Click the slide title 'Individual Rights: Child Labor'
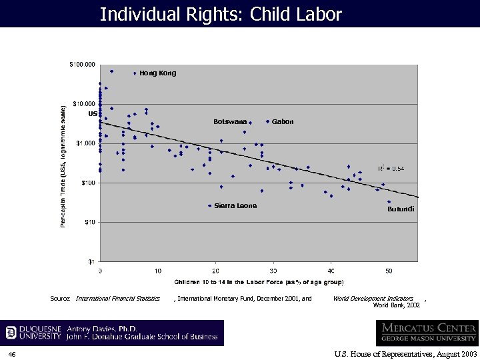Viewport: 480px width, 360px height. tap(221, 14)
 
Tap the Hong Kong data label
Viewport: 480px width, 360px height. tap(158, 73)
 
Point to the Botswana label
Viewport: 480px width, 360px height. tap(230, 122)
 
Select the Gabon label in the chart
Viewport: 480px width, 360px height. tap(283, 122)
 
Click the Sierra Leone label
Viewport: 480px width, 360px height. tap(235, 206)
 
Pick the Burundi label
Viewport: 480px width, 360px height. tap(401, 209)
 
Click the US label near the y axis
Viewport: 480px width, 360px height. tap(93, 114)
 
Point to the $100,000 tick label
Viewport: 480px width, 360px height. tap(83, 65)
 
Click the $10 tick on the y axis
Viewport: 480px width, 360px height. tap(89, 222)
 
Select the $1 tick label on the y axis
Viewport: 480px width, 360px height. tap(91, 261)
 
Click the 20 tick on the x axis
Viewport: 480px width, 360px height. tap(215, 271)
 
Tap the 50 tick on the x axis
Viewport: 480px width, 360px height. tap(389, 271)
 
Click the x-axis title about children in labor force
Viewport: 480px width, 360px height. tap(259, 283)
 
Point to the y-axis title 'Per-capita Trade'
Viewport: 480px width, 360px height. tap(63, 165)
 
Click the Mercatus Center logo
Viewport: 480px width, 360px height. tap(427, 333)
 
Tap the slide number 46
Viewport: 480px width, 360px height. tap(12, 354)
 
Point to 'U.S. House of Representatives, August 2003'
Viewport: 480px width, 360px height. tap(405, 354)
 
